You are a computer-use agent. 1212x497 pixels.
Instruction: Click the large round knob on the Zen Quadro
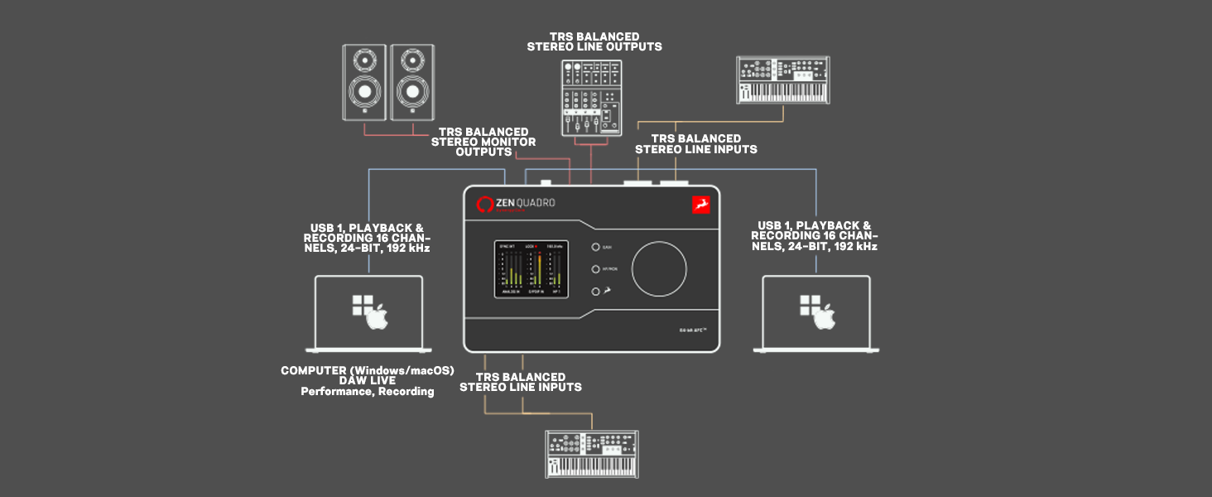coord(659,268)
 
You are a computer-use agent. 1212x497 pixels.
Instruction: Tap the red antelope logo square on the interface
coord(700,204)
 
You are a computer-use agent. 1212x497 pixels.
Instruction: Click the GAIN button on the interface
coord(595,248)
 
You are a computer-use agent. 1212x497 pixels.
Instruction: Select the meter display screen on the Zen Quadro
coord(531,268)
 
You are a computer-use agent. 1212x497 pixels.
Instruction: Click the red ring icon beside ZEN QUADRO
coord(484,204)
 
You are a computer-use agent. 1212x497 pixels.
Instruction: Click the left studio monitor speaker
coord(365,82)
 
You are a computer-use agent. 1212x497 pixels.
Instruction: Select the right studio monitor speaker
coord(411,82)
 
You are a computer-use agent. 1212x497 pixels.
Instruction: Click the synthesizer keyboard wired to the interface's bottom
coord(592,453)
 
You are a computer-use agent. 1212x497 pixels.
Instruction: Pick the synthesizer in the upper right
coord(783,80)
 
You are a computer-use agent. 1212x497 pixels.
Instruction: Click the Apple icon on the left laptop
coord(377,316)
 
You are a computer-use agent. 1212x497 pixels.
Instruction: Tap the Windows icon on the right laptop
coord(809,305)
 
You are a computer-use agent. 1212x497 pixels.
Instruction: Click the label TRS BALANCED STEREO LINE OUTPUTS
coord(594,42)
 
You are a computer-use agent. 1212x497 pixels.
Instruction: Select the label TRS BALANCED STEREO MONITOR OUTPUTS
coord(483,142)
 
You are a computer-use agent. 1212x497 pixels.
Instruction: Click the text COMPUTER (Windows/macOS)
coord(368,370)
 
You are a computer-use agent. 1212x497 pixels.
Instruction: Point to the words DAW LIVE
coord(368,381)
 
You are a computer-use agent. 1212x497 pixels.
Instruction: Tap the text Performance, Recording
coord(368,392)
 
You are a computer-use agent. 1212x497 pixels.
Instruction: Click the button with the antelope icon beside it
coord(595,291)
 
